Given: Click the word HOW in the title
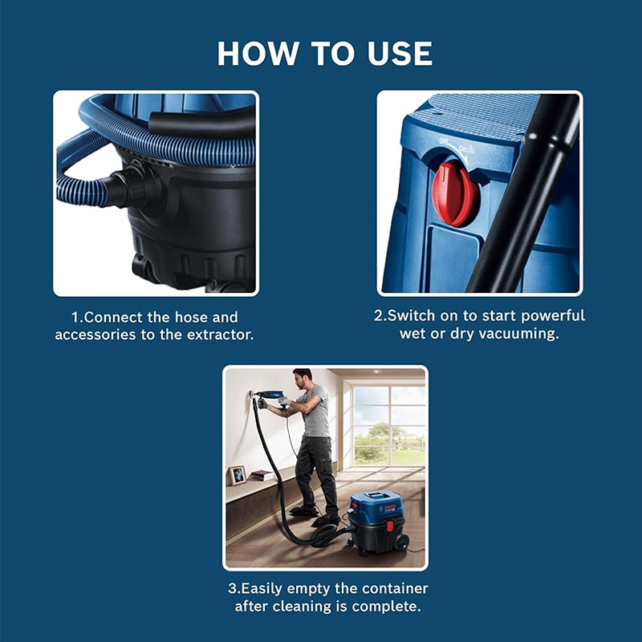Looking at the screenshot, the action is [258, 53].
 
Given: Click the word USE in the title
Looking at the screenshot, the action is [400, 53].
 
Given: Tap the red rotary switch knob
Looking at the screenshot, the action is [455, 193].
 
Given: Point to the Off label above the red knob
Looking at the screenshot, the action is [444, 141].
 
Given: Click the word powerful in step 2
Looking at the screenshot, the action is [553, 315].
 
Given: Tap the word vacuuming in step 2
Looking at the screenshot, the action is [518, 334].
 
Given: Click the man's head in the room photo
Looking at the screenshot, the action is [302, 379].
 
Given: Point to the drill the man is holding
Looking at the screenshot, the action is [267, 395].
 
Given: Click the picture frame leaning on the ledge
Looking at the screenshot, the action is [237, 475].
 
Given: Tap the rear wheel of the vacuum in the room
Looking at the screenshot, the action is [400, 542].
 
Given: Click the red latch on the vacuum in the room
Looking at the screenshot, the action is [390, 526].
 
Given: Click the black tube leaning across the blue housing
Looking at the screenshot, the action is [525, 193].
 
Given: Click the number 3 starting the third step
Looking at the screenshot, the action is [232, 588].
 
